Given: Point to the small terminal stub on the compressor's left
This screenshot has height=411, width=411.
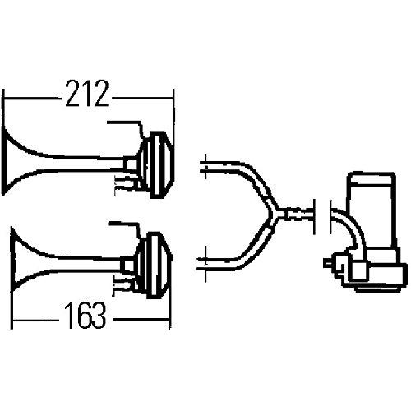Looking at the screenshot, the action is pyautogui.click(x=330, y=264).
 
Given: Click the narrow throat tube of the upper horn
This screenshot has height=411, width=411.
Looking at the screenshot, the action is pyautogui.click(x=99, y=161).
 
